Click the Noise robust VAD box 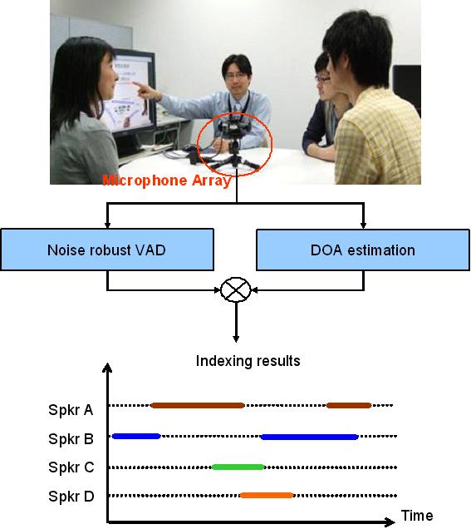(107, 250)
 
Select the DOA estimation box (363, 250)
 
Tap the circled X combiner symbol (236, 289)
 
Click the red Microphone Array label (167, 180)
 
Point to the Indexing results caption (248, 361)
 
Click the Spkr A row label (71, 410)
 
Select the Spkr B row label (71, 439)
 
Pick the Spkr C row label (71, 467)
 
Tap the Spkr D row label (71, 497)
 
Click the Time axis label (417, 516)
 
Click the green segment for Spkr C (238, 467)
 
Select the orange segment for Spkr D (267, 495)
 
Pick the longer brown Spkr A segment (198, 405)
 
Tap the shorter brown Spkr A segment (349, 405)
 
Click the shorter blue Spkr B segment (136, 436)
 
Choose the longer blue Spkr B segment (309, 437)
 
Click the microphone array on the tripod (235, 141)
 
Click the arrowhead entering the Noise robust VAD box (107, 225)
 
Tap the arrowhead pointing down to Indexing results (236, 339)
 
